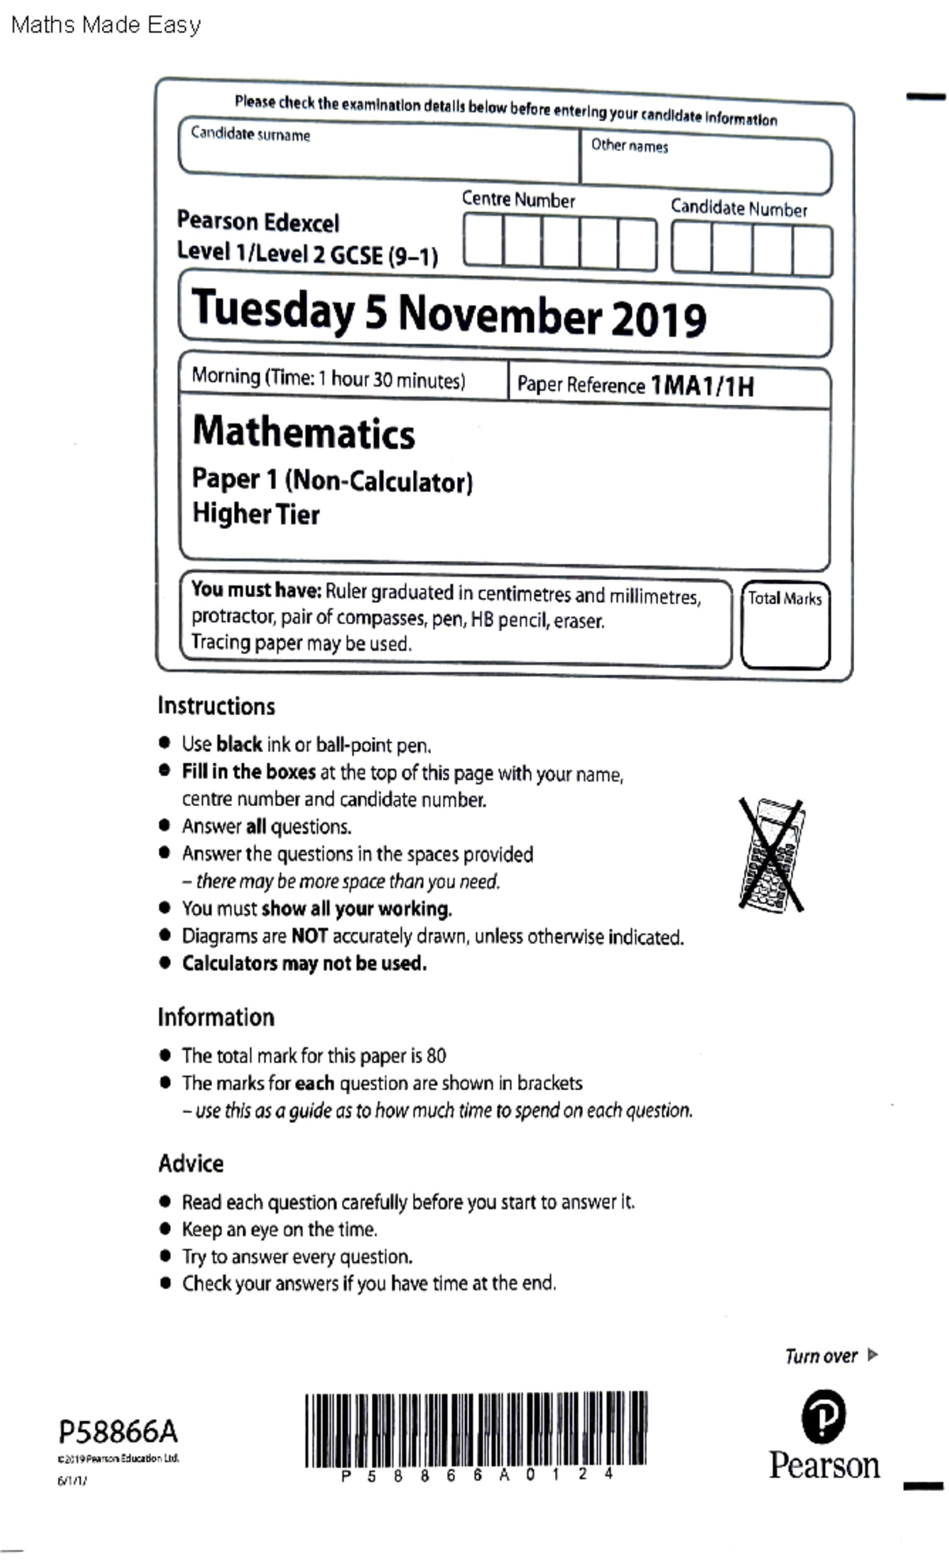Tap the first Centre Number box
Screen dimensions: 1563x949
pos(483,242)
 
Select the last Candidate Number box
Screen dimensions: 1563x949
pos(812,250)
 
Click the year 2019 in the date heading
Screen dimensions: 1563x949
pos(658,319)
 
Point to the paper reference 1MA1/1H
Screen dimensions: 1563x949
pos(701,386)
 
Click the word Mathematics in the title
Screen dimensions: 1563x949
pos(304,433)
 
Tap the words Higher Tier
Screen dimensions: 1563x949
pos(255,514)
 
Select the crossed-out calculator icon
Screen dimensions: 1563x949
pos(772,855)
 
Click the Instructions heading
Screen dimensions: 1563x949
pos(216,706)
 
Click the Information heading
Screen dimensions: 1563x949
pos(216,1017)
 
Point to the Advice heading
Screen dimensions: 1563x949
pos(191,1164)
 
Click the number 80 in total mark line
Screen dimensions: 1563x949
pos(436,1056)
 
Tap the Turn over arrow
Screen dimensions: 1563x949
pos(872,1355)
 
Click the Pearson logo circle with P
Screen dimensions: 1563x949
pos(823,1417)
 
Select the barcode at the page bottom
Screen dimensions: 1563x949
pos(475,1429)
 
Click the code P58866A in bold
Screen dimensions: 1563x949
pos(118,1432)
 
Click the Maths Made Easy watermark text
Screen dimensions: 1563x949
pos(106,25)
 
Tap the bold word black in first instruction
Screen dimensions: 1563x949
pos(239,744)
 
